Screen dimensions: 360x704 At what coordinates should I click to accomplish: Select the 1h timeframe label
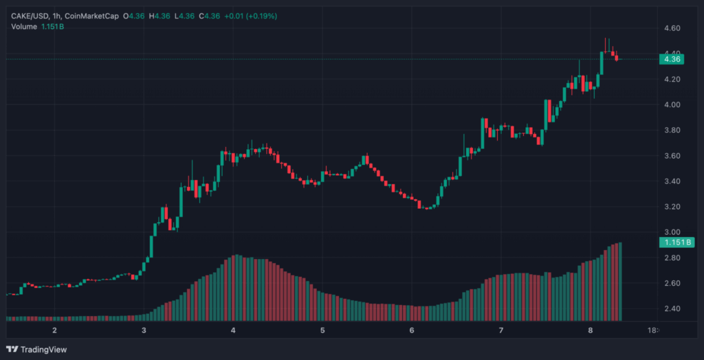click(56, 16)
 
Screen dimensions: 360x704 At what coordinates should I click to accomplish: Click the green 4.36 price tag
click(672, 59)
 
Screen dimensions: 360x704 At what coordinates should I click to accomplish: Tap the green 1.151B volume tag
click(676, 243)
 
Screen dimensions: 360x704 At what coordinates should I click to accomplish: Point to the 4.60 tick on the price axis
click(672, 28)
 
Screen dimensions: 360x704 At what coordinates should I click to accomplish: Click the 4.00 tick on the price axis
click(672, 104)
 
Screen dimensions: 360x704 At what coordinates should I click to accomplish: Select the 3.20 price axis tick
click(672, 207)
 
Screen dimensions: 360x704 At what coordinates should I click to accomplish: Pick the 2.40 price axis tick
click(672, 308)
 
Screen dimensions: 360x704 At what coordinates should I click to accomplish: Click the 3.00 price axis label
click(672, 232)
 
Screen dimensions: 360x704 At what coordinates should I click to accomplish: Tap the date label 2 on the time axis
click(54, 330)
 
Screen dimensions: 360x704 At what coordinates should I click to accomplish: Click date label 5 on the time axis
click(322, 330)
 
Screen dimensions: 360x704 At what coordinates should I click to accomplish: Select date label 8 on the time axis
click(591, 330)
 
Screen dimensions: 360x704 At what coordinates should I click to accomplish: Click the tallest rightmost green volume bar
click(621, 282)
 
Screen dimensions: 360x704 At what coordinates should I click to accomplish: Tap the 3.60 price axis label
click(672, 156)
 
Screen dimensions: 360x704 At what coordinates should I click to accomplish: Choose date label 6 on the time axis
click(412, 330)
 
